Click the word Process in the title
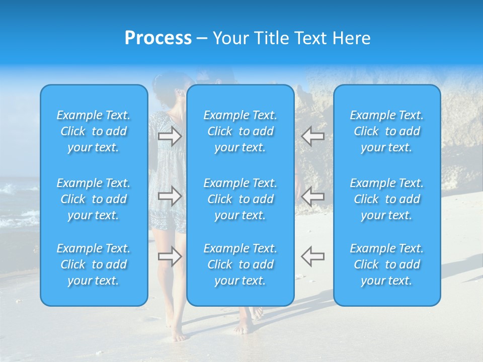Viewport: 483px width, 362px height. [158, 38]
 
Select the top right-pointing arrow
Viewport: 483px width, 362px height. [170, 136]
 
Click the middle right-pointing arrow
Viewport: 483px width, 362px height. [170, 196]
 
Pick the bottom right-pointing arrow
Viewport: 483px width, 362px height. [170, 256]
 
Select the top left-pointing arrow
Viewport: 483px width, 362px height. [313, 136]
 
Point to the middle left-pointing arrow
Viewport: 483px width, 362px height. [313, 196]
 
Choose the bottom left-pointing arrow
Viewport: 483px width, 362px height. [313, 256]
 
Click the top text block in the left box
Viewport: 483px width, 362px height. [94, 131]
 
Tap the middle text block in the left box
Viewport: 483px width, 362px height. [94, 199]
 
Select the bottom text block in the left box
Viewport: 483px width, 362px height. [94, 264]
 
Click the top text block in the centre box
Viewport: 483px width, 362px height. [240, 131]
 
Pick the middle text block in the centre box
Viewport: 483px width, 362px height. [240, 199]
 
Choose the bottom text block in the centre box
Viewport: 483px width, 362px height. [240, 264]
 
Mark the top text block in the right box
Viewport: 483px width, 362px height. [387, 131]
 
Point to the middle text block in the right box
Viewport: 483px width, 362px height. [387, 199]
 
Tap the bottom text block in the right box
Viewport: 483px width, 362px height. [387, 264]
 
